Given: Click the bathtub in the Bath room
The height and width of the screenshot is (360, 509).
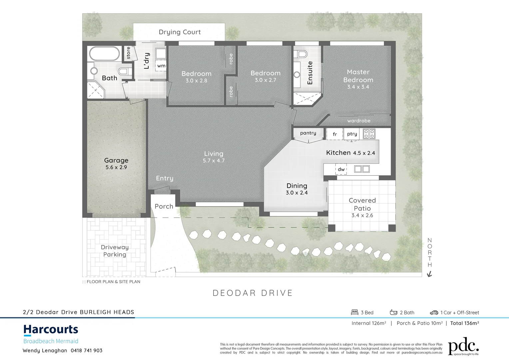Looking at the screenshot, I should [104, 54].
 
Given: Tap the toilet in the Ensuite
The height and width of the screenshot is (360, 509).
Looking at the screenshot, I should [302, 54].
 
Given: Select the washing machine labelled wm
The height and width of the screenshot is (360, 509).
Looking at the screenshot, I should [161, 66].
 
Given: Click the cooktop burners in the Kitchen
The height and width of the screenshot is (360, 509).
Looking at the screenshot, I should [369, 134].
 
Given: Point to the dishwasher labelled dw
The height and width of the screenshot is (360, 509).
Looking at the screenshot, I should [341, 169].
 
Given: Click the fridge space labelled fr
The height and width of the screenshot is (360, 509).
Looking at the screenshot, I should [335, 134].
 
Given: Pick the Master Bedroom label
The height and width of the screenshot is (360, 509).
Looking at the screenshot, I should [358, 76].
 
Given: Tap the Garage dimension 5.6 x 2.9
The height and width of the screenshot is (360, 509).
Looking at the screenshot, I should [116, 167].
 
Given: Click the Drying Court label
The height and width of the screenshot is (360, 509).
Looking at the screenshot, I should [180, 32].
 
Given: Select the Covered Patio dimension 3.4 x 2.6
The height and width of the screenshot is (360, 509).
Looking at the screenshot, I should [362, 215].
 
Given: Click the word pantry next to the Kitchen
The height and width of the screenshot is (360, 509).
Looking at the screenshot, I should [308, 133].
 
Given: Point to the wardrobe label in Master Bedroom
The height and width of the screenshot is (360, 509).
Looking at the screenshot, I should [359, 121].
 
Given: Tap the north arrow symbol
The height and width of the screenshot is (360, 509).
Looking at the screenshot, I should [430, 274].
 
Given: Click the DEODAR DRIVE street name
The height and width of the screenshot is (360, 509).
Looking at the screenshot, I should [253, 293].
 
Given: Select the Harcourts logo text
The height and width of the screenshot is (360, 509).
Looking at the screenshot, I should [51, 329].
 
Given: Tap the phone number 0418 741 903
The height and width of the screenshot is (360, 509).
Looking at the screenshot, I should [87, 350].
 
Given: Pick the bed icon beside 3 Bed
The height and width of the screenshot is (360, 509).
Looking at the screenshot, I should [354, 312].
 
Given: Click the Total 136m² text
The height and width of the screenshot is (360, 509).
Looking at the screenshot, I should [464, 323].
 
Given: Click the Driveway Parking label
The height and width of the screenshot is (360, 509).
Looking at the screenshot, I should [115, 251].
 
